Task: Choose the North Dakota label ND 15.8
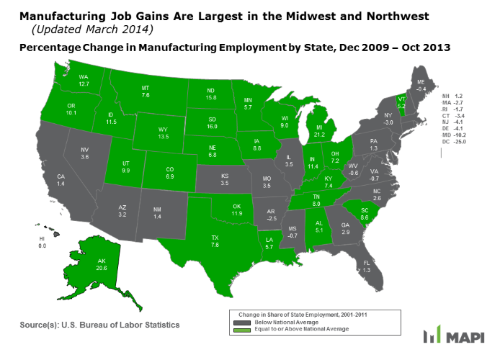[x=212, y=93]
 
